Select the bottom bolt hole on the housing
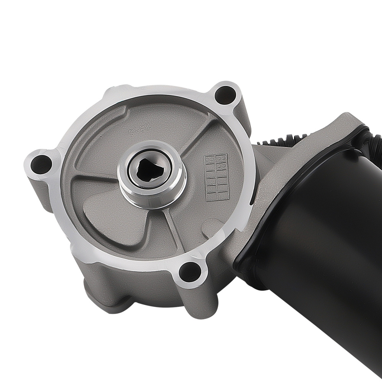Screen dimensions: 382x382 pyautogui.click(x=189, y=272)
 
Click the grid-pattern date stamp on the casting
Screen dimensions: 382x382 pyautogui.click(x=216, y=176)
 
